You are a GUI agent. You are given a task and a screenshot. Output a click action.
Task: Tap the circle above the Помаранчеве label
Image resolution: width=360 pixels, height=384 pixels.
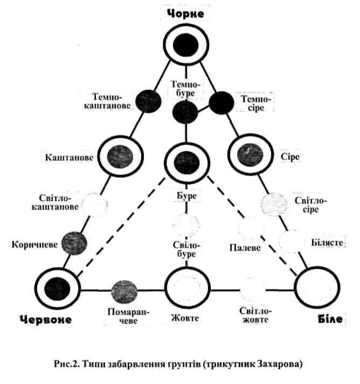point(124,291)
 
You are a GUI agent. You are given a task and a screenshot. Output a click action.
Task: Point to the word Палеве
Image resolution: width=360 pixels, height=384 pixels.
point(243,248)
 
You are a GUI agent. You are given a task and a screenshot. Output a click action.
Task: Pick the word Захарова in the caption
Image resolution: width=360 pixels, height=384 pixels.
point(278,365)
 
